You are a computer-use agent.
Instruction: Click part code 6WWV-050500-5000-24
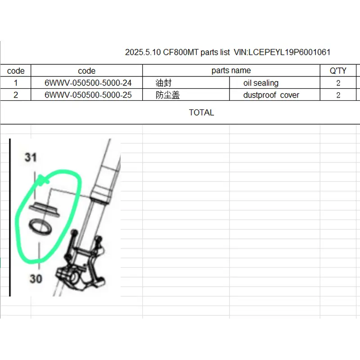[88, 83]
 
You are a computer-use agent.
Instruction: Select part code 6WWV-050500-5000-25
[88, 95]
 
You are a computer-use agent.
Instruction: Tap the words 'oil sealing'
[261, 83]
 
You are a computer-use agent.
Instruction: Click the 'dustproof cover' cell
[271, 95]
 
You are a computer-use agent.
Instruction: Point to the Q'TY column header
[338, 71]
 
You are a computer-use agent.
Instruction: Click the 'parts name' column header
[231, 71]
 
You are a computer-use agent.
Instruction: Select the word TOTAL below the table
[201, 112]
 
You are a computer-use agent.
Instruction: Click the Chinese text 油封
[163, 83]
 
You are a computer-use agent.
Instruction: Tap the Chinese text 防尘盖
[167, 95]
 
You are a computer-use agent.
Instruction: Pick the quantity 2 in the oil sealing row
[338, 83]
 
